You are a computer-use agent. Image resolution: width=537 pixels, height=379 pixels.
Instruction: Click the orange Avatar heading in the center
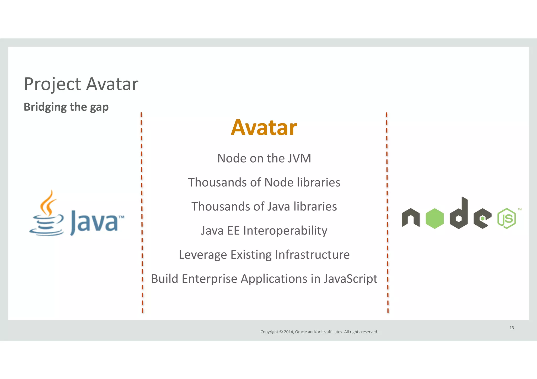click(x=264, y=128)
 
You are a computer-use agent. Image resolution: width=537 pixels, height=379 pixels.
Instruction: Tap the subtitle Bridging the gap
click(x=66, y=107)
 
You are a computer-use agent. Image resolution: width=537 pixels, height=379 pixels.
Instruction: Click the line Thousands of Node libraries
click(x=264, y=182)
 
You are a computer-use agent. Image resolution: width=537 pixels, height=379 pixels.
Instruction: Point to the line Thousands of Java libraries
click(x=264, y=207)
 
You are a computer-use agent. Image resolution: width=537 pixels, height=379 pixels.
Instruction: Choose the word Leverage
click(x=203, y=255)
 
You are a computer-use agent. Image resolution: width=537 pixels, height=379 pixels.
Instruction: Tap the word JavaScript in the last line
click(x=350, y=279)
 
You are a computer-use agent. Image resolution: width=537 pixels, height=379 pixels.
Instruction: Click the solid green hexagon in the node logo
click(x=434, y=219)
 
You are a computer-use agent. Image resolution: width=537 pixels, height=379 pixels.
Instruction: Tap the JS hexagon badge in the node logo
click(x=506, y=219)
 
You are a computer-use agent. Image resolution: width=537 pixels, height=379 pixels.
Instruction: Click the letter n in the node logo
click(x=410, y=218)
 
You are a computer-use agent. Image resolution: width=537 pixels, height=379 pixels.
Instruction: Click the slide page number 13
click(x=512, y=328)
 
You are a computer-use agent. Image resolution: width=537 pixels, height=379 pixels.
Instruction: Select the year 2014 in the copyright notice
click(x=288, y=332)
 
